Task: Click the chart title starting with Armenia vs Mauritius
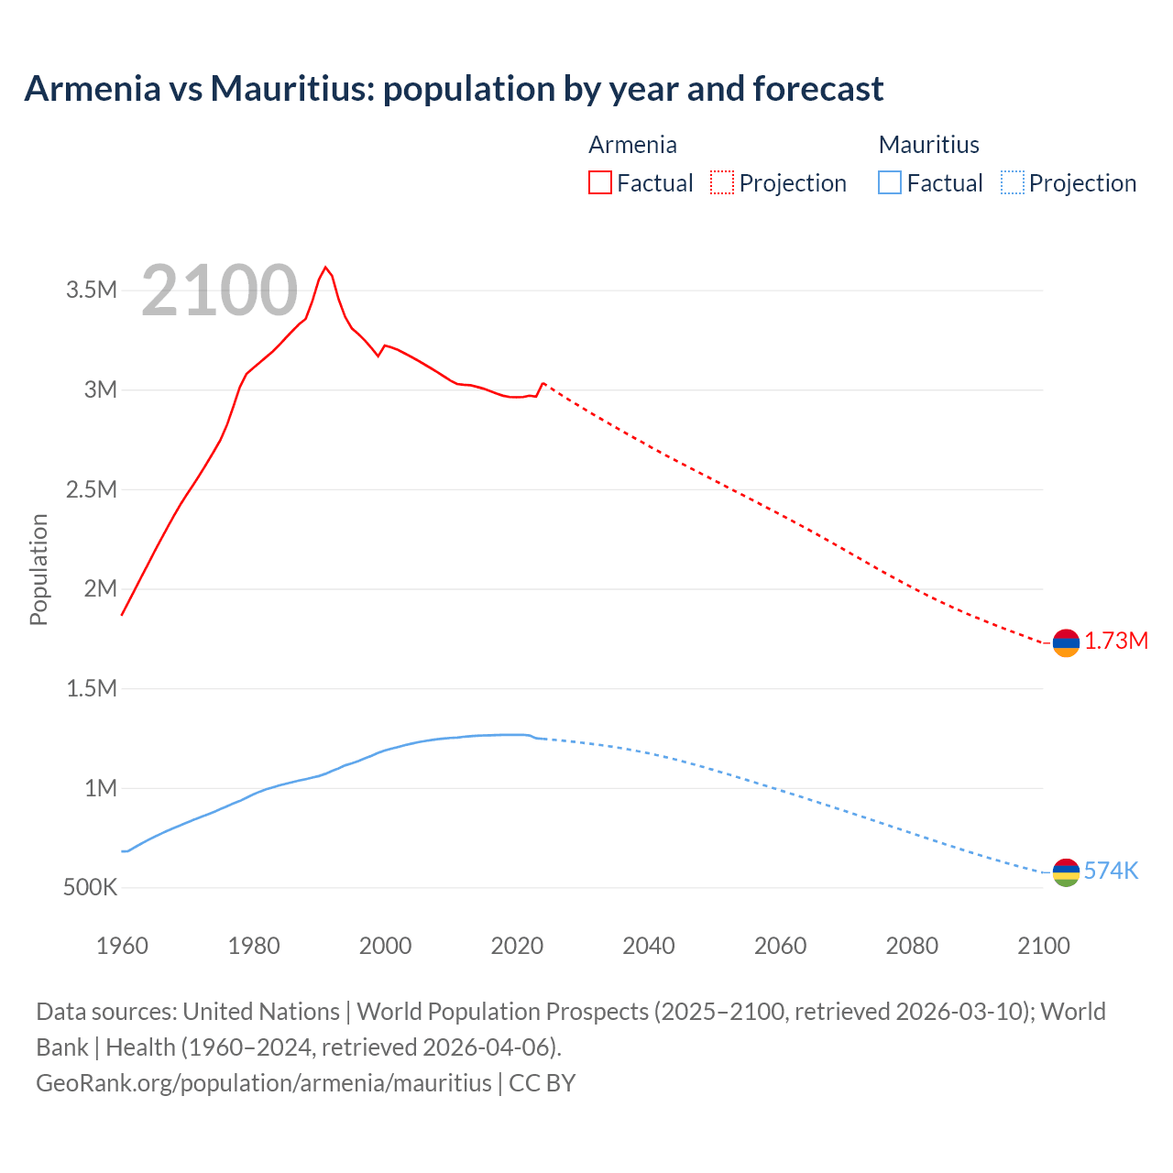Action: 454,89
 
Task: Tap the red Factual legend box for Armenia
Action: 600,182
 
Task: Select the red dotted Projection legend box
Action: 722,182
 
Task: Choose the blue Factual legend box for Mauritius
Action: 890,182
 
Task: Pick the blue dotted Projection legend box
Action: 1012,182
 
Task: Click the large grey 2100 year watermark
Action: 220,291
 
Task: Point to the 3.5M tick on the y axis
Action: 92,291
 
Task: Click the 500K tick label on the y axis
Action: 90,887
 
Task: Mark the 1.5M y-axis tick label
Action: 92,688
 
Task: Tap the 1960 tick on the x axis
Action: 122,946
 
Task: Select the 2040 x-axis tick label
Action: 649,946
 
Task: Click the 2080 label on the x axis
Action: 912,946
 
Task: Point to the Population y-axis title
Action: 38,569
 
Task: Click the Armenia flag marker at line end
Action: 1066,643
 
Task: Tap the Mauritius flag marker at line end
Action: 1066,872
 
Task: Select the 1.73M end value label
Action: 1116,641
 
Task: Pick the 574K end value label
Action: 1111,871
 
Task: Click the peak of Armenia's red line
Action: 325,268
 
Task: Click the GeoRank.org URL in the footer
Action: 264,1082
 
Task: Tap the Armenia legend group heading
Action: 632,145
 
